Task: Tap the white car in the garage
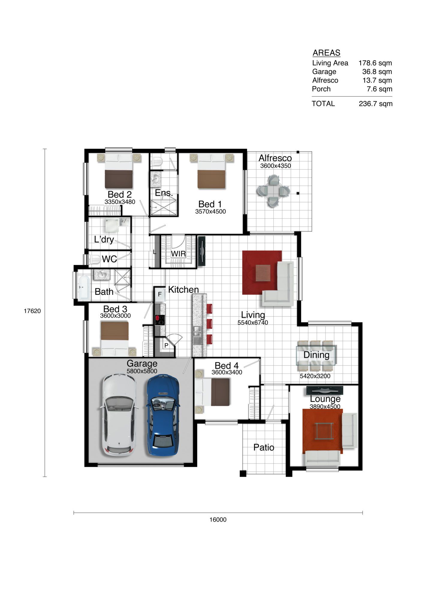click(x=119, y=415)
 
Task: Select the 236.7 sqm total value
click(x=375, y=104)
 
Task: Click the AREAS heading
click(x=326, y=53)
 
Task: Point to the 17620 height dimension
click(x=32, y=311)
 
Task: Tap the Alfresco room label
click(x=275, y=158)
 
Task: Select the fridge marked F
click(x=160, y=294)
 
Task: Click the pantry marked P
click(x=166, y=345)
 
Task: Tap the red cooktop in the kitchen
click(x=160, y=320)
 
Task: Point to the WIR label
click(x=178, y=254)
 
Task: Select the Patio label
click(x=264, y=448)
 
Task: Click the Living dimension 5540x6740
click(x=253, y=323)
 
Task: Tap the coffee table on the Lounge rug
click(x=324, y=431)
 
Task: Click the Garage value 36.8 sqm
click(x=377, y=72)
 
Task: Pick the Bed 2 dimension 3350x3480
click(x=120, y=202)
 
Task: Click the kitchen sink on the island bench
click(x=197, y=335)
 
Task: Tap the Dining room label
click(x=317, y=355)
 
